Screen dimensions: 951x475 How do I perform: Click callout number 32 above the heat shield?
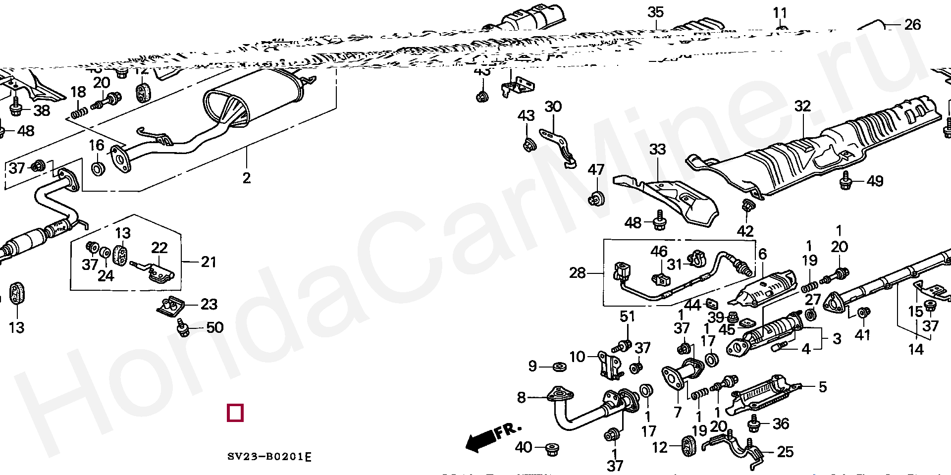[802, 106]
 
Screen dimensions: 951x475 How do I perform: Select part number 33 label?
[657, 149]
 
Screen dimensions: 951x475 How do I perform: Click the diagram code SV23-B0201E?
[269, 457]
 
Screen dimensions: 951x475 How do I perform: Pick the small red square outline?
[235, 413]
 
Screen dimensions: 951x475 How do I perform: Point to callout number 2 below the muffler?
[246, 177]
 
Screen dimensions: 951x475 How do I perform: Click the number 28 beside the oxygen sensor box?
[578, 273]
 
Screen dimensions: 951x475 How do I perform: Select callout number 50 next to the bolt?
[214, 327]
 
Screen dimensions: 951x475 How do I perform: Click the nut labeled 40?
[551, 449]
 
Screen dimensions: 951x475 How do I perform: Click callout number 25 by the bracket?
[785, 451]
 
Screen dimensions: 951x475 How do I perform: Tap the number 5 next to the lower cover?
[822, 386]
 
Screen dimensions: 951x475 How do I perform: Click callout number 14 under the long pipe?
[916, 349]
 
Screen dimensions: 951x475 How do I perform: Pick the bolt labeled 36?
[755, 424]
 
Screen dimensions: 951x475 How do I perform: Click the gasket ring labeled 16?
[99, 169]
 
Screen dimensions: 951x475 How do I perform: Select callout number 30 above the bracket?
[553, 106]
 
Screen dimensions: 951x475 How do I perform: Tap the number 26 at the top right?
[912, 24]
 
